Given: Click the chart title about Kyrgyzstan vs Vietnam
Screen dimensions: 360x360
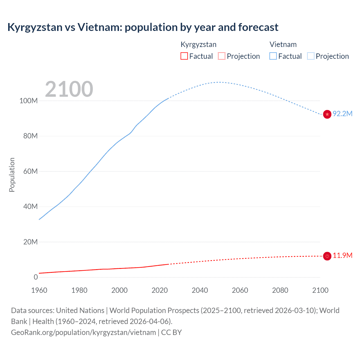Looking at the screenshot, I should (x=143, y=27).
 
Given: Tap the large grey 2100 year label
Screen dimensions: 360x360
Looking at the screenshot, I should (x=69, y=89).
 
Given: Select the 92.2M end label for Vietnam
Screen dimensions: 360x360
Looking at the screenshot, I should (x=342, y=114).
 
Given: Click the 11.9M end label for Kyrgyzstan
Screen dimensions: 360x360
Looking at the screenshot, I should (x=342, y=255).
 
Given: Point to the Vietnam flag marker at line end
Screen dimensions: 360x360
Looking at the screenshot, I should (x=327, y=114).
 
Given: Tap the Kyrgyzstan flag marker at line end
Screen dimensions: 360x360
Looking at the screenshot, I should (x=327, y=256).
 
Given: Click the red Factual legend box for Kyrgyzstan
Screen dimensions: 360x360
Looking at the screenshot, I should (x=184, y=56).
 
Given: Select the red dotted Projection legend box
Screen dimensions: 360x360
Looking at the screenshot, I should (x=222, y=56).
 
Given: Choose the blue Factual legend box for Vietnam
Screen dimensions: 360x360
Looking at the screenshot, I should (x=273, y=56).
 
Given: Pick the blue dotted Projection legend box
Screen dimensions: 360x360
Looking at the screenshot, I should (x=311, y=56).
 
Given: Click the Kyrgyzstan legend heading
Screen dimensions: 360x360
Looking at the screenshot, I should (x=199, y=44).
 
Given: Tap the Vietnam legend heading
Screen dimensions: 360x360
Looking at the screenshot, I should (x=283, y=44).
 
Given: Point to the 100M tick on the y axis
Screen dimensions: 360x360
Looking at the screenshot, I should (x=28, y=101).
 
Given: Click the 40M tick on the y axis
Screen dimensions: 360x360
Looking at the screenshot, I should (x=30, y=206).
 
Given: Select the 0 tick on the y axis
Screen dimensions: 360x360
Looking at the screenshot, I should (x=35, y=277).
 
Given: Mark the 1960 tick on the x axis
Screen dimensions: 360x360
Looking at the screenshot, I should (x=39, y=290).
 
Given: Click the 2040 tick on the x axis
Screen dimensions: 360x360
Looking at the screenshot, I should (x=200, y=290).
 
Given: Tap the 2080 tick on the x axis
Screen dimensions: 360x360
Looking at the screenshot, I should (x=280, y=290).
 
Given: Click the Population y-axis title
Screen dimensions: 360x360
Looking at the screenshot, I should (x=12, y=175).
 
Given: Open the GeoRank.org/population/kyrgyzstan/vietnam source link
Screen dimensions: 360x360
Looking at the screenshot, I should (x=84, y=332).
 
